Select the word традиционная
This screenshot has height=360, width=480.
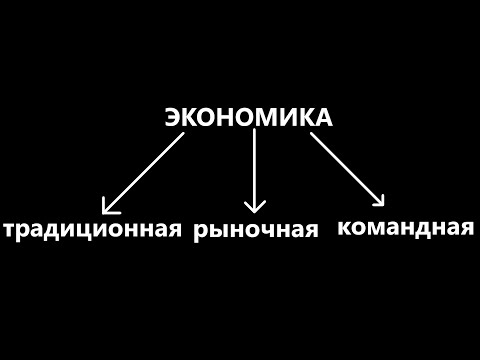(x=94, y=229)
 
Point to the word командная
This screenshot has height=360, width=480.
(x=405, y=226)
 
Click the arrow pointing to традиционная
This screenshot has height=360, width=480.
(x=145, y=172)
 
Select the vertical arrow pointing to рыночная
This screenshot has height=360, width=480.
(x=255, y=170)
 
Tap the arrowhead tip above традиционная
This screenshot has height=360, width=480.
(x=105, y=212)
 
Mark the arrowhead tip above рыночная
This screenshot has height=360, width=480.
(x=255, y=211)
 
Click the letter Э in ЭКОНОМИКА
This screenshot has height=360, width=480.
(x=172, y=118)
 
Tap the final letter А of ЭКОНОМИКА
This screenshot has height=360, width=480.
(x=322, y=118)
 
